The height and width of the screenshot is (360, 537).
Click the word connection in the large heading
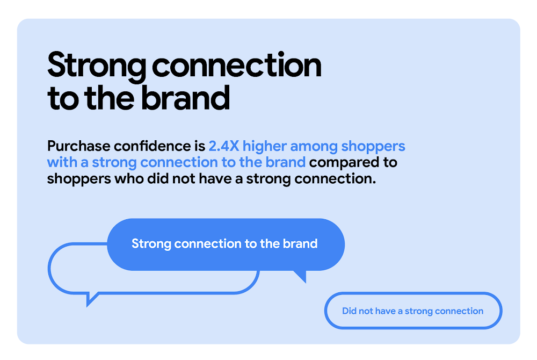(237, 66)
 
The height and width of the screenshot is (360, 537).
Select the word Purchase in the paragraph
(79, 146)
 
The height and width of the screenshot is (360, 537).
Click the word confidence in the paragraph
(155, 146)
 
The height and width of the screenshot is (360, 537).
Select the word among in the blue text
(316, 146)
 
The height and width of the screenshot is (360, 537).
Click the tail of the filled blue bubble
(301, 276)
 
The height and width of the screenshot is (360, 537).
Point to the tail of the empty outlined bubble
(91, 298)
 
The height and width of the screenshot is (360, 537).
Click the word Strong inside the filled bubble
(151, 244)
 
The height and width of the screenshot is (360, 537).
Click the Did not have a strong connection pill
(413, 311)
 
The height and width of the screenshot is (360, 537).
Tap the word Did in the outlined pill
(350, 311)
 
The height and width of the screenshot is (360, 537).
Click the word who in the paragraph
(128, 178)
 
